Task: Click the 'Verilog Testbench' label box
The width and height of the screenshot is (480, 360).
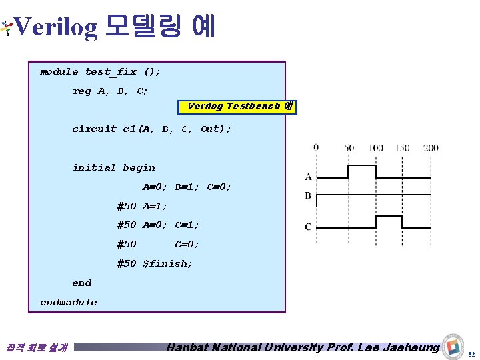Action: point(237,107)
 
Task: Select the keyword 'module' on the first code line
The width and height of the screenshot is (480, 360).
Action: point(59,71)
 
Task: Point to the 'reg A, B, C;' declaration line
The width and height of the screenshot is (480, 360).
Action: point(110,91)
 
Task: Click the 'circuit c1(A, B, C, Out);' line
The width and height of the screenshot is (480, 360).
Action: point(151,129)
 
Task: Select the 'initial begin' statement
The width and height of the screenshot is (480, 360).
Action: point(113,167)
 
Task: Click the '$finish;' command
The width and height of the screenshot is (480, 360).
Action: point(167,263)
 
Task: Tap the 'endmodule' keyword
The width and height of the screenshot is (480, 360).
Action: point(68,302)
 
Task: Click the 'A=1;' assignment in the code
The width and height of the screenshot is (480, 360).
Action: point(155,206)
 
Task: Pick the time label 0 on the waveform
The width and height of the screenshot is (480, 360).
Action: point(315,147)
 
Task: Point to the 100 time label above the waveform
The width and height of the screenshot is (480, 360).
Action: point(375,147)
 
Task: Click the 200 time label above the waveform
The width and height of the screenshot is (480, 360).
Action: point(431,147)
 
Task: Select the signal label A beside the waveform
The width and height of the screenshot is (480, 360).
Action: point(308,177)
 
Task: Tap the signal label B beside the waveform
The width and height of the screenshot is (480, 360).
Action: point(308,195)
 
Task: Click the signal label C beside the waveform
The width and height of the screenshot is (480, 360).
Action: point(308,227)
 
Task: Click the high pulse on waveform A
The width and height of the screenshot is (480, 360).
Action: point(361,165)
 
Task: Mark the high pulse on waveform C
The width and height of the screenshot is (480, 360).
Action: point(389,217)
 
